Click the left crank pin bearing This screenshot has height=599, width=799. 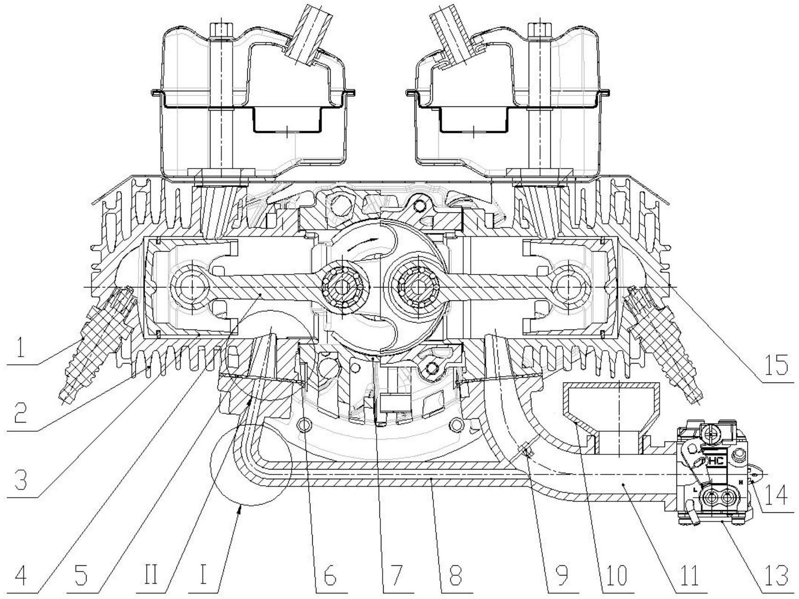pyautogui.click(x=342, y=287)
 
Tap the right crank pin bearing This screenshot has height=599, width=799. pyautogui.click(x=417, y=287)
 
